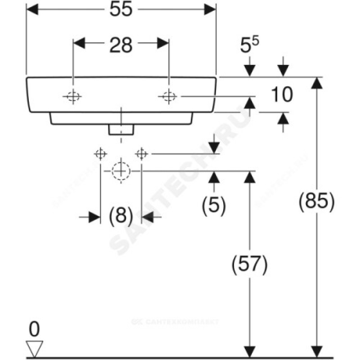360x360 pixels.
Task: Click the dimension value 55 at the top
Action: (x=121, y=10)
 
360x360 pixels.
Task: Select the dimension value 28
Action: (x=121, y=45)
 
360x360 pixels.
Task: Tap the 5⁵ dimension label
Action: (x=249, y=46)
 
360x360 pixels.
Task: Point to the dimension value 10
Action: (x=282, y=94)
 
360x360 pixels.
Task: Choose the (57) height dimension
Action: (x=249, y=264)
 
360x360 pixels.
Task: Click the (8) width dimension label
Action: (x=121, y=216)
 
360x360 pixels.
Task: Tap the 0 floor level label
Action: (x=35, y=330)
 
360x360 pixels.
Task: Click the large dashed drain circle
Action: (x=121, y=171)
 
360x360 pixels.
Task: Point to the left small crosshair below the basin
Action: (x=100, y=154)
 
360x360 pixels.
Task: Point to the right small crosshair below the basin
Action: (x=141, y=154)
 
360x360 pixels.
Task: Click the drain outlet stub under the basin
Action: (x=121, y=129)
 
